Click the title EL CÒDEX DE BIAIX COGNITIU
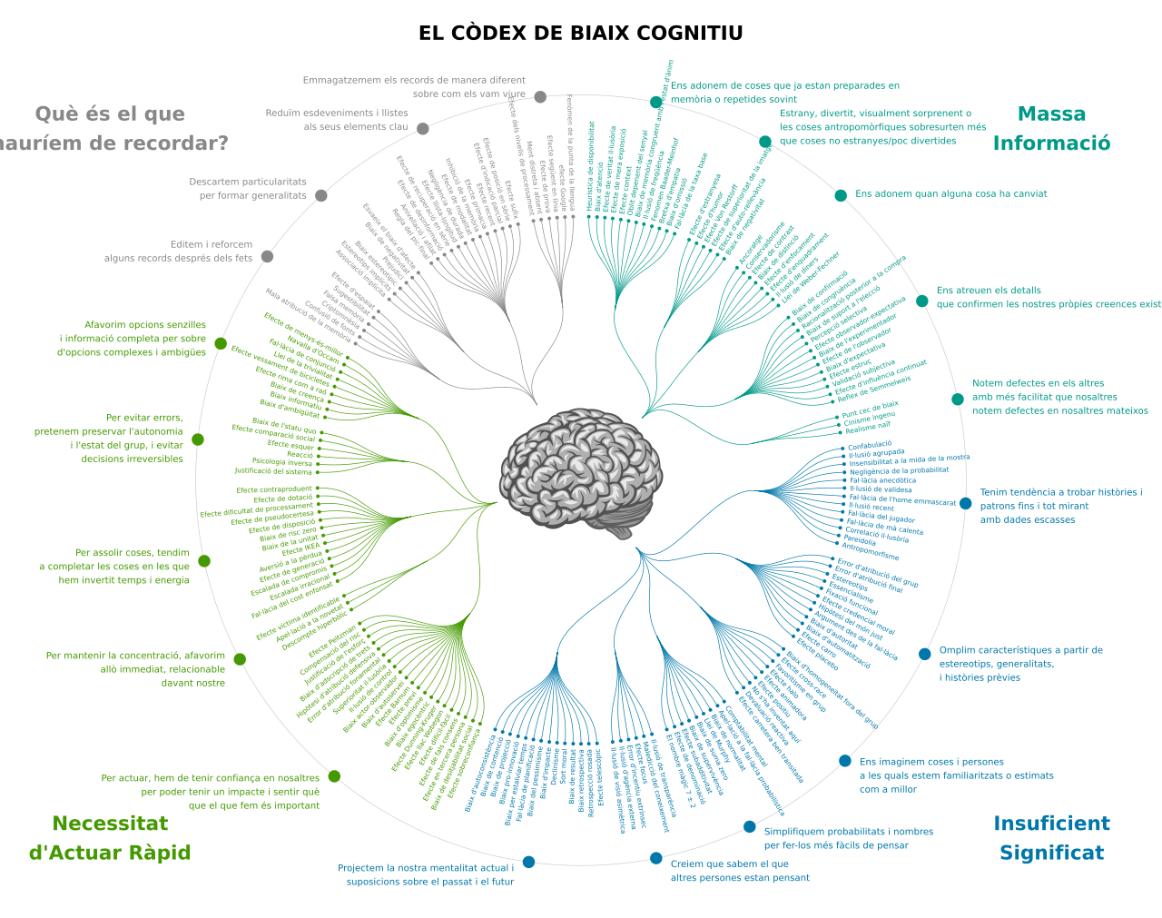pos(580,34)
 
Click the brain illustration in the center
pos(580,471)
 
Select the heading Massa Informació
pos(1051,128)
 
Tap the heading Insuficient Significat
pos(1051,837)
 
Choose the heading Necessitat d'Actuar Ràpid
pos(110,837)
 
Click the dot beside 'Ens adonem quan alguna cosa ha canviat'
pos(841,195)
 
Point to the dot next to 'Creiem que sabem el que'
pos(656,858)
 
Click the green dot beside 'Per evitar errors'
pos(198,439)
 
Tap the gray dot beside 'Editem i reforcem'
pos(267,256)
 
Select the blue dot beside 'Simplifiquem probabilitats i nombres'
pos(750,826)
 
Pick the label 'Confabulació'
pos(870,445)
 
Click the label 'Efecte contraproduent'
pos(274,490)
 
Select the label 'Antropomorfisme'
pos(871,551)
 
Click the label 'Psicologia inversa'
pos(282,462)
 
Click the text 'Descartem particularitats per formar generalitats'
pos(248,189)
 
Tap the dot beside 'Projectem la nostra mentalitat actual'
pos(528,862)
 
